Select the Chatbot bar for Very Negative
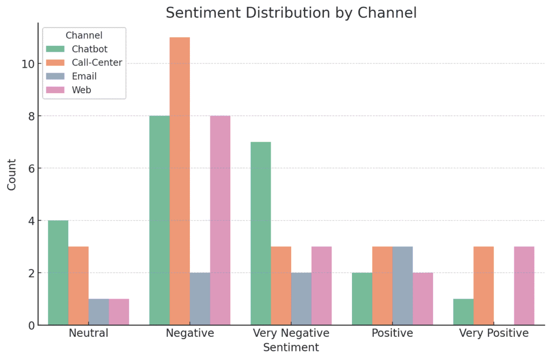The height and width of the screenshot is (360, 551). [260, 234]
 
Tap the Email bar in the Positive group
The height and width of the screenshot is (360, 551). [402, 286]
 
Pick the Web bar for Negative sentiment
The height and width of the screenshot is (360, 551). [220, 221]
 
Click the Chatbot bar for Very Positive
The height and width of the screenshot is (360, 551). [463, 312]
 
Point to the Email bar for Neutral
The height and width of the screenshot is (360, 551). [98, 312]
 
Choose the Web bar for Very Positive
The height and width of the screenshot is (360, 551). [524, 286]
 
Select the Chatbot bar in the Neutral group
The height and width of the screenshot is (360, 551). [58, 273]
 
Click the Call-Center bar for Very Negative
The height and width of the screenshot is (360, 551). [281, 286]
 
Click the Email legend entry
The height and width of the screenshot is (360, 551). [84, 76]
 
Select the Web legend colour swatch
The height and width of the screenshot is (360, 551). [55, 90]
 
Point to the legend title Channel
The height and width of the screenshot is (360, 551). [84, 36]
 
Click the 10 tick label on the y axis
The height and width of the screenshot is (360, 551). [27, 64]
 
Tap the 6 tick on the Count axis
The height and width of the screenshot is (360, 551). [31, 168]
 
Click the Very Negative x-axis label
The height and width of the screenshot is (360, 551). [291, 333]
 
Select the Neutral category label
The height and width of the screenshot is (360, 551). [88, 333]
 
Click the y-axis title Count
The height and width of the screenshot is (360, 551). [12, 174]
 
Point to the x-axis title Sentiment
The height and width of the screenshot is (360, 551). [291, 348]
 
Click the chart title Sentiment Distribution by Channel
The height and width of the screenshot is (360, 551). [291, 13]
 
